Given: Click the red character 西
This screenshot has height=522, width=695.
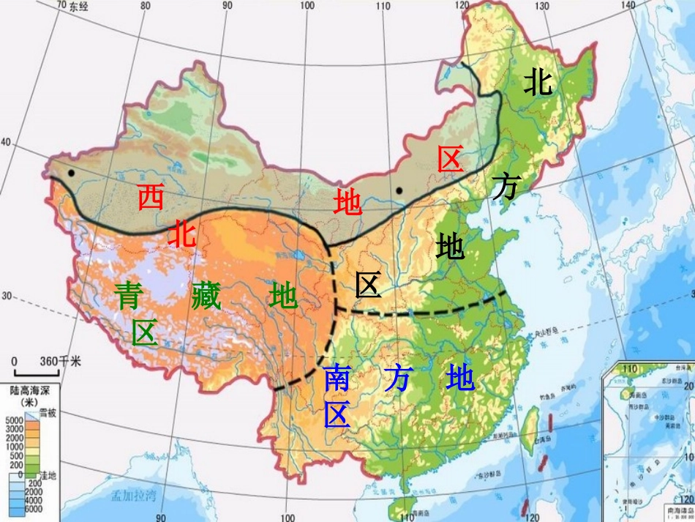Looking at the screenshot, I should [x=151, y=198].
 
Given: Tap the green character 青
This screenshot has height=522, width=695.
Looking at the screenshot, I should [x=127, y=297].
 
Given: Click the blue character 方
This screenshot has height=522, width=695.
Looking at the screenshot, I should [x=398, y=379].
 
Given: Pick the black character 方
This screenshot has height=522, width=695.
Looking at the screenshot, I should [x=505, y=187].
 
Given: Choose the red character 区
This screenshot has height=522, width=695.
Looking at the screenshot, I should [x=451, y=159].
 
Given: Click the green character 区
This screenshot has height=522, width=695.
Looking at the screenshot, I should [x=145, y=333].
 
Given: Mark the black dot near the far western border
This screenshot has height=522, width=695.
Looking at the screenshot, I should [x=71, y=173].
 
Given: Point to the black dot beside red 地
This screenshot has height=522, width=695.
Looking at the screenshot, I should [x=399, y=190].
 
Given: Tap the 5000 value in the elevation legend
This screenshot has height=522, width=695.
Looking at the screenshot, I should [x=14, y=420].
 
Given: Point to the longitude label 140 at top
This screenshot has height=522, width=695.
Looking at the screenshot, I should [x=628, y=6].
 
